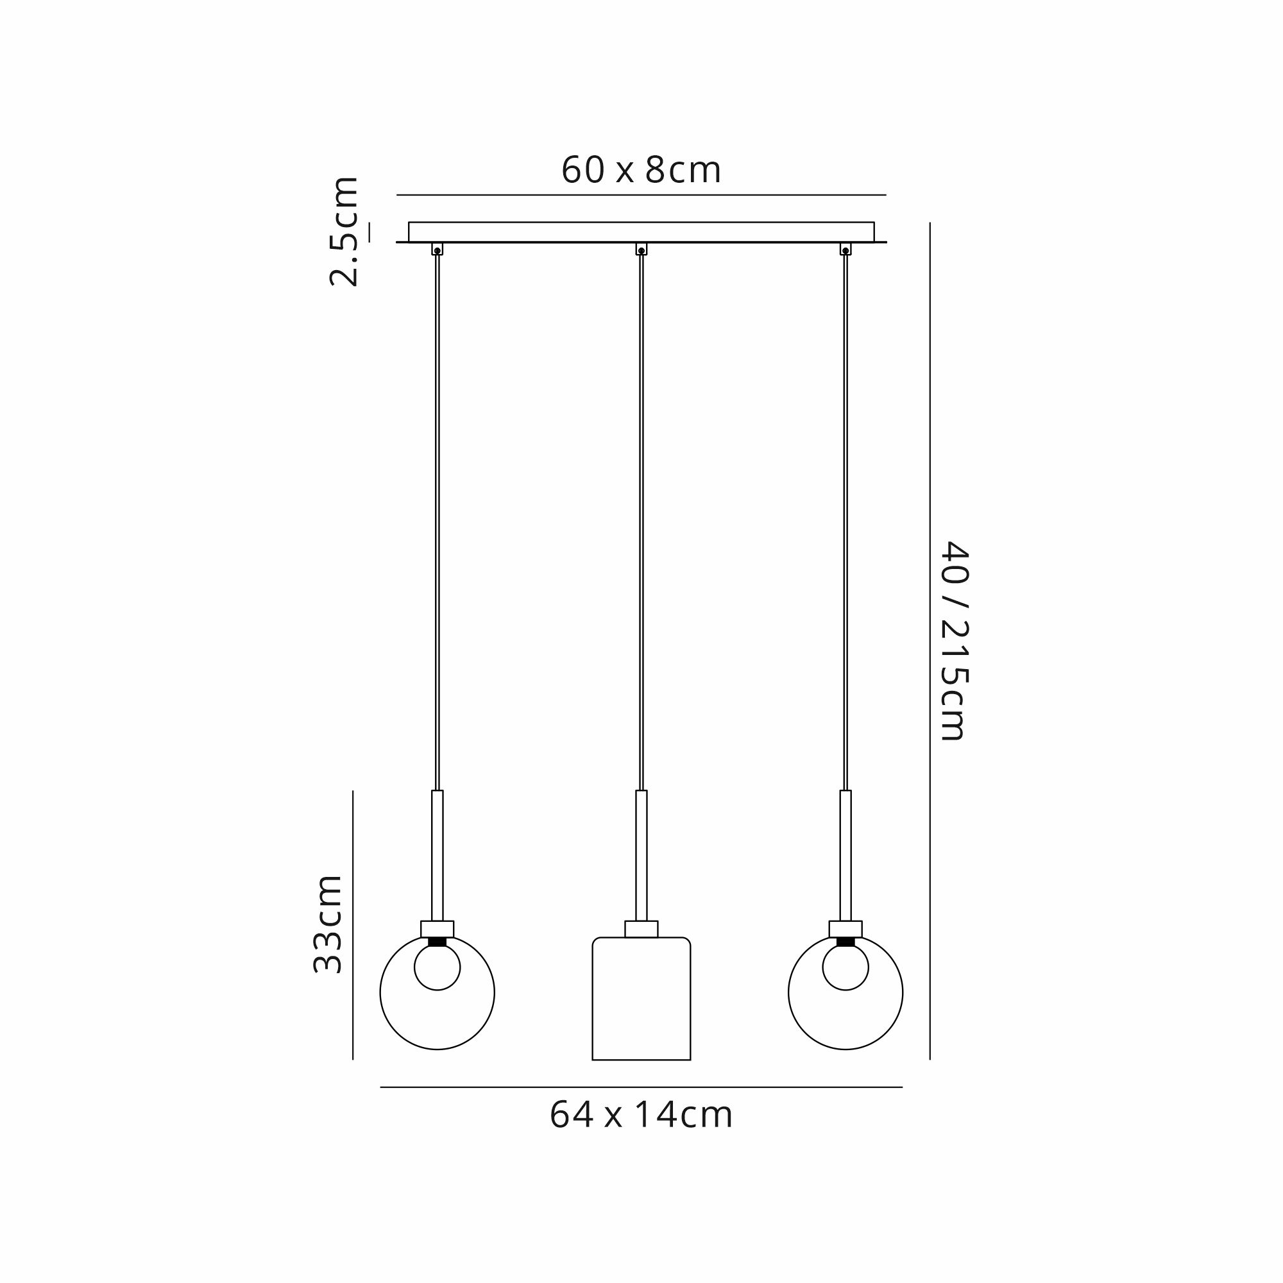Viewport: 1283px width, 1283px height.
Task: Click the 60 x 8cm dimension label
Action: [x=641, y=171]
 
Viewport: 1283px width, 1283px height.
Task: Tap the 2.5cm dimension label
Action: [x=344, y=231]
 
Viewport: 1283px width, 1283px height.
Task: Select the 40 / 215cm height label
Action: [x=955, y=640]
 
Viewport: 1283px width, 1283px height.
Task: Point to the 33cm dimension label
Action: [x=328, y=924]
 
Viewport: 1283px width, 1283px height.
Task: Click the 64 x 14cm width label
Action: [x=641, y=1115]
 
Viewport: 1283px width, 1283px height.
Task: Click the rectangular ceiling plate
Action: [x=641, y=232]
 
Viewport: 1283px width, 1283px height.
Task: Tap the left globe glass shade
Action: [x=380, y=993]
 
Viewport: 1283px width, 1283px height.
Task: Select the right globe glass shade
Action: [x=788, y=993]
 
